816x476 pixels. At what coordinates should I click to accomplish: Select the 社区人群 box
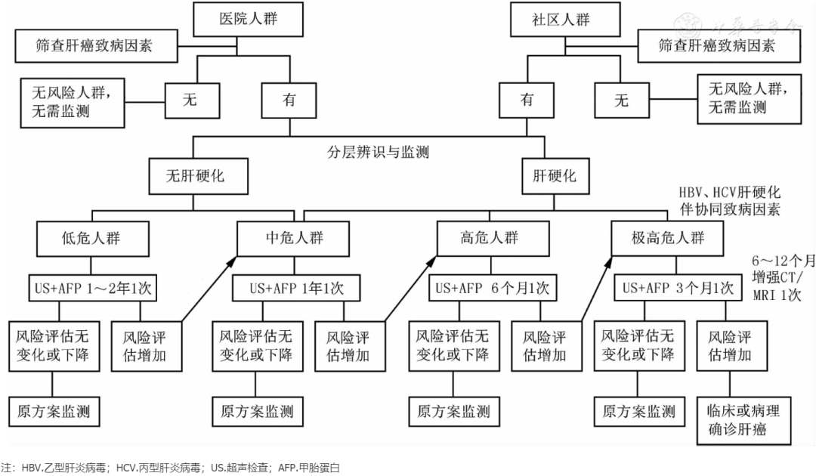pos(560,20)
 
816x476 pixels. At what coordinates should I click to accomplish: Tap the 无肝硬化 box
pos(196,177)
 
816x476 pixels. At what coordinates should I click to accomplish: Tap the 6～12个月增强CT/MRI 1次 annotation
pos(782,277)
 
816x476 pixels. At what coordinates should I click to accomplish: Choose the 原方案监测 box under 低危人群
pos(54,412)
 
